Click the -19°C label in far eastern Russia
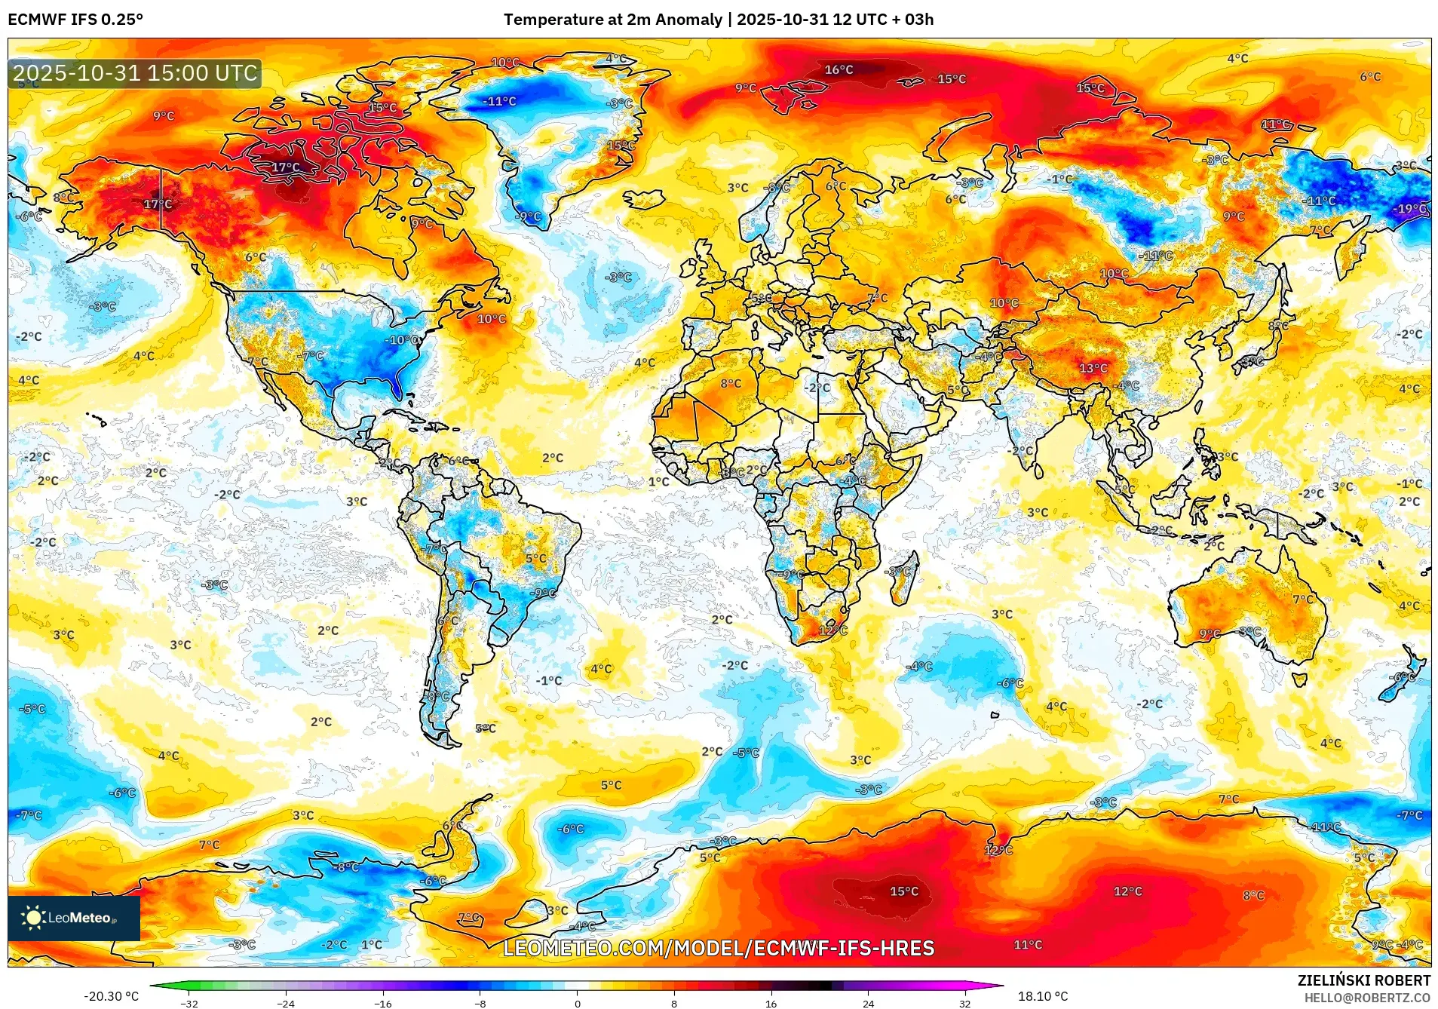pyautogui.click(x=1411, y=209)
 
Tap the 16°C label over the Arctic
pyautogui.click(x=839, y=70)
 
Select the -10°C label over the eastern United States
pyautogui.click(x=403, y=340)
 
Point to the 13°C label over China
pyautogui.click(x=1093, y=369)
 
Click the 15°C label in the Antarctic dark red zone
pyautogui.click(x=904, y=891)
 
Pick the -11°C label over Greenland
pyautogui.click(x=499, y=101)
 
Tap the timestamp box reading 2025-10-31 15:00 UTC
pyautogui.click(x=135, y=73)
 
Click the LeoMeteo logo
pyautogui.click(x=73, y=918)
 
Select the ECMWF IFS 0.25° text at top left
pyautogui.click(x=75, y=20)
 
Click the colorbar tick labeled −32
pyautogui.click(x=189, y=1003)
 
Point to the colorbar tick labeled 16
pyautogui.click(x=771, y=1003)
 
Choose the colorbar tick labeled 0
pyautogui.click(x=578, y=1003)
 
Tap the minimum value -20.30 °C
pyautogui.click(x=112, y=996)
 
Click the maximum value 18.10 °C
pyautogui.click(x=1043, y=996)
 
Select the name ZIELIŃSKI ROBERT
pyautogui.click(x=1363, y=980)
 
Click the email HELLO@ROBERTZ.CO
pyautogui.click(x=1367, y=998)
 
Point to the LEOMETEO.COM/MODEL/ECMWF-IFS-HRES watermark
pyautogui.click(x=719, y=948)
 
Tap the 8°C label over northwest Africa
pyautogui.click(x=730, y=384)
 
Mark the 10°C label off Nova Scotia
pyautogui.click(x=491, y=319)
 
